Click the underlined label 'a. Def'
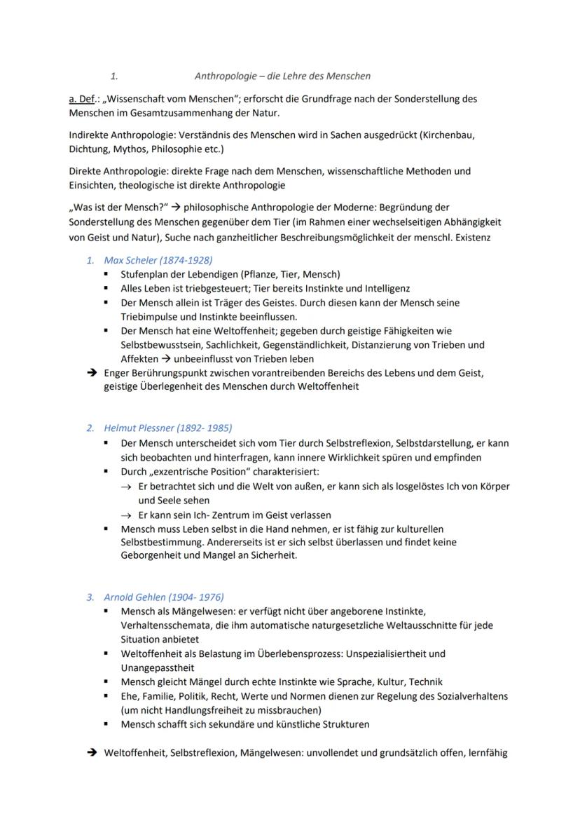81,99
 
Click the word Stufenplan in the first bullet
145,274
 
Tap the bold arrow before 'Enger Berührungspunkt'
91,373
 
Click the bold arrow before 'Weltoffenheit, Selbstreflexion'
91,753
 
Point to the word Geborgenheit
152,555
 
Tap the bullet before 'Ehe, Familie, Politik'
106,696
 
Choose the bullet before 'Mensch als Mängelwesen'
106,611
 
